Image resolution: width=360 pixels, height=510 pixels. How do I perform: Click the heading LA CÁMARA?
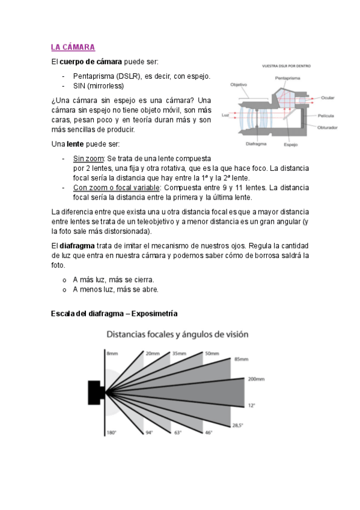(x=73, y=47)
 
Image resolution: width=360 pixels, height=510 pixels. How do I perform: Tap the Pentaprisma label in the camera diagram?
(x=287, y=78)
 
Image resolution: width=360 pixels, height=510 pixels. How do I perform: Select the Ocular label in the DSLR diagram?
(x=328, y=97)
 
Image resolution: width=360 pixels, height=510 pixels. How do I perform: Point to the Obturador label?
(x=327, y=127)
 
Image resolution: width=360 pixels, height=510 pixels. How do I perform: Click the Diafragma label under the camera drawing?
(x=256, y=144)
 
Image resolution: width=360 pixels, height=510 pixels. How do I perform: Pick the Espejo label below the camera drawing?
(x=290, y=145)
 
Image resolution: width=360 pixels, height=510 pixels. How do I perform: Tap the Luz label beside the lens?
(x=225, y=115)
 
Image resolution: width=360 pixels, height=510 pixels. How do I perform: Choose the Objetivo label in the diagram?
(x=239, y=85)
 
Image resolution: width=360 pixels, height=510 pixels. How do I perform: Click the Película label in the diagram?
(x=326, y=116)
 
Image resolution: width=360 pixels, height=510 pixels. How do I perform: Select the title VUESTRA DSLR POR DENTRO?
(x=286, y=66)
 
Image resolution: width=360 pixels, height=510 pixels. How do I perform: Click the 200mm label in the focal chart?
(x=256, y=379)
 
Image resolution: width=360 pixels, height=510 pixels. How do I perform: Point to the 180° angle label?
(x=111, y=433)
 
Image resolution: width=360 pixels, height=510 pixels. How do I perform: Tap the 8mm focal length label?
(x=112, y=353)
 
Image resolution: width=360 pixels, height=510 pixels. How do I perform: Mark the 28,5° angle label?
(x=237, y=425)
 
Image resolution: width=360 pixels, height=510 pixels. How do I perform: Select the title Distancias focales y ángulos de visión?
(x=177, y=334)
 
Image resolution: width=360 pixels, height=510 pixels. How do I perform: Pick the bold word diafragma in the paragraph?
(x=77, y=246)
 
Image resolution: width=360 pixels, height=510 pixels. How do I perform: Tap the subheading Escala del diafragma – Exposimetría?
(x=114, y=313)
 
